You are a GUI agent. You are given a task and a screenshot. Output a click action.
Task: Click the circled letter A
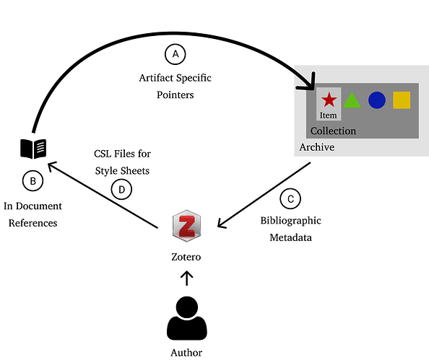click(x=175, y=54)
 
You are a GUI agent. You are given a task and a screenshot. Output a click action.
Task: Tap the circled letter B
click(x=32, y=181)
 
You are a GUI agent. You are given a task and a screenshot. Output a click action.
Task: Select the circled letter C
click(x=290, y=198)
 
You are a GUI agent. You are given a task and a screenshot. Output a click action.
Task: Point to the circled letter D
click(x=122, y=189)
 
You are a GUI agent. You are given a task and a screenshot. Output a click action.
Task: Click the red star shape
click(x=329, y=100)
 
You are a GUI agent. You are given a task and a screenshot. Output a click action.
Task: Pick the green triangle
click(x=352, y=100)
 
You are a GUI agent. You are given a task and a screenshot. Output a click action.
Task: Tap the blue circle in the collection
click(x=377, y=100)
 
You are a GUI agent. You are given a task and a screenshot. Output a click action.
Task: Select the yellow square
click(x=402, y=100)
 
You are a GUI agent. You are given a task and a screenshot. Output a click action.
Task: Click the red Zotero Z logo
click(x=186, y=226)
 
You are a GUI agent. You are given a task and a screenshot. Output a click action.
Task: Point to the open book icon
click(x=33, y=149)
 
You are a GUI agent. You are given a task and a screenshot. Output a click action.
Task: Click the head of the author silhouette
click(x=187, y=307)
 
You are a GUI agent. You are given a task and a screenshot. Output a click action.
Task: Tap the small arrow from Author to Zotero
click(x=187, y=278)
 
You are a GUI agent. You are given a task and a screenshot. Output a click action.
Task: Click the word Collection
click(x=333, y=131)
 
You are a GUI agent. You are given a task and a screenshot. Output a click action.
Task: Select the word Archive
click(x=317, y=147)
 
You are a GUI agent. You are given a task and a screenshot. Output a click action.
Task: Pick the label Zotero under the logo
click(x=186, y=257)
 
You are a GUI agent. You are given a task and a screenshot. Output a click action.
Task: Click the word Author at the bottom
click(x=186, y=353)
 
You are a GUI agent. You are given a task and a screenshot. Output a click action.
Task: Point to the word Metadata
click(x=290, y=237)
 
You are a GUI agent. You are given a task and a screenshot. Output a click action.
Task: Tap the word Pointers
click(x=175, y=95)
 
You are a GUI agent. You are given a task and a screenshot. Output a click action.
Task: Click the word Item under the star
click(x=329, y=115)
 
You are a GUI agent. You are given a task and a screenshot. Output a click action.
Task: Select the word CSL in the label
click(x=103, y=154)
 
